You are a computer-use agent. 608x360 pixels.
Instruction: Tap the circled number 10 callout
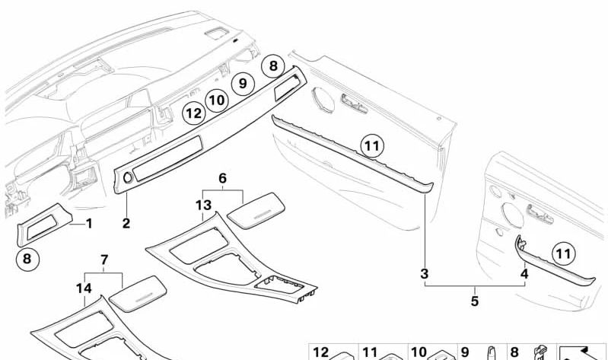[216, 99]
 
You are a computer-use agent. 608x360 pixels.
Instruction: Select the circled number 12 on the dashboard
[193, 114]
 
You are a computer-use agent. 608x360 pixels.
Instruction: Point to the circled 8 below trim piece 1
[27, 258]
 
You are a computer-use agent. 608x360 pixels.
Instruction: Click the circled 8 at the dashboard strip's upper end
[272, 66]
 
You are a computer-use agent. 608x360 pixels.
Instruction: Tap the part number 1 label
[88, 224]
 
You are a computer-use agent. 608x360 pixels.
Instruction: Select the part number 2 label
[126, 224]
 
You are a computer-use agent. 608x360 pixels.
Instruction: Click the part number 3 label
[425, 272]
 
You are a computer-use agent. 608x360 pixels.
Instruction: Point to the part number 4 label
[524, 272]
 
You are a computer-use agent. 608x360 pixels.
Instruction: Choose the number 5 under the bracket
[474, 301]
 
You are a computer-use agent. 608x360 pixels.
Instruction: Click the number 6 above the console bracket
[222, 178]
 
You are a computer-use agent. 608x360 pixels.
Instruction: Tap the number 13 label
[202, 205]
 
